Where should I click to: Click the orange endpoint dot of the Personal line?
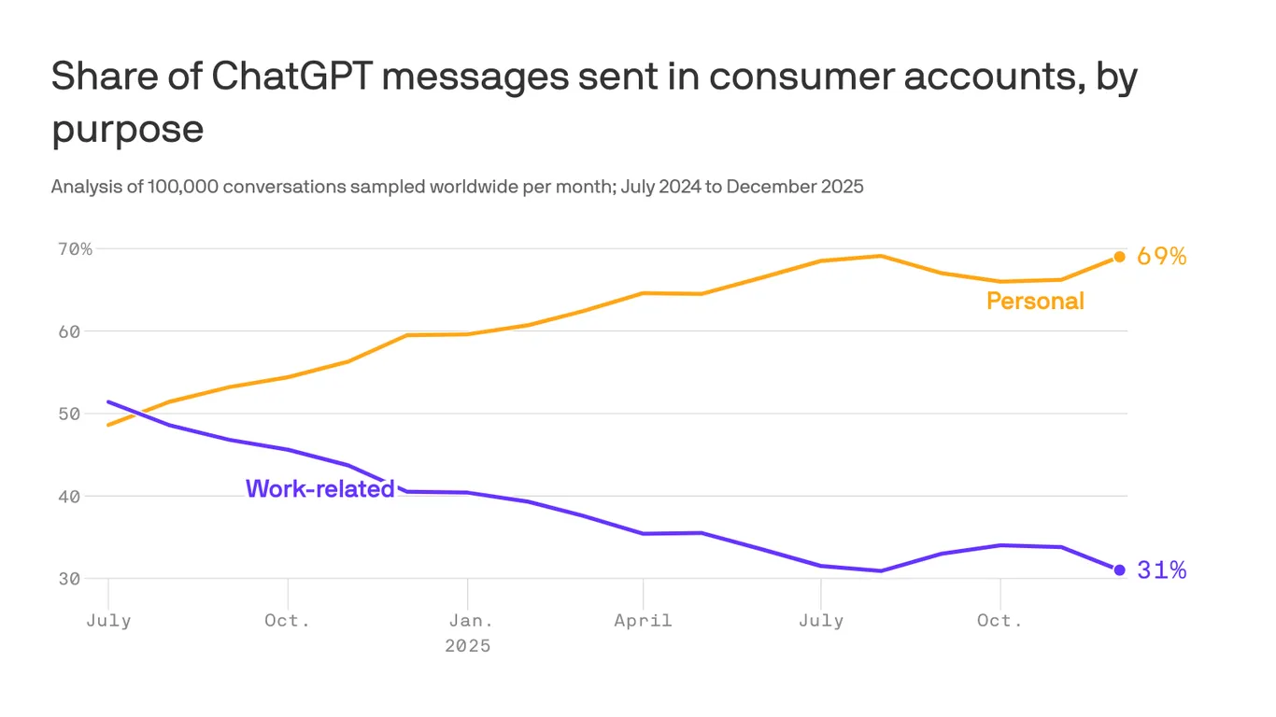click(x=1119, y=257)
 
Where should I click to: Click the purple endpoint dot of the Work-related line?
click(x=1119, y=569)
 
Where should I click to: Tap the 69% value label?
click(x=1161, y=257)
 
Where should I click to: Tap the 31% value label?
click(x=1161, y=570)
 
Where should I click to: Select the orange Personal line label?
click(x=1035, y=301)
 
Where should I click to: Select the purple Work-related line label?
click(x=319, y=488)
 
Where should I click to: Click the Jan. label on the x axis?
click(x=466, y=621)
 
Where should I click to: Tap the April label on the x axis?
click(x=643, y=621)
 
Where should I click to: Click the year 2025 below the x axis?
click(x=466, y=646)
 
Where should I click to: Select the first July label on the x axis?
click(x=108, y=621)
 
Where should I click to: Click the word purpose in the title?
click(x=127, y=128)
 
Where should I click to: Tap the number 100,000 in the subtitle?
click(x=186, y=187)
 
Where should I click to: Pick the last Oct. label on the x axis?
click(x=1000, y=621)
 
